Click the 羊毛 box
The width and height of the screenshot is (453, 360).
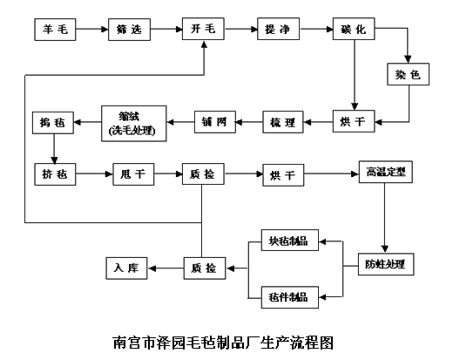pos(55,31)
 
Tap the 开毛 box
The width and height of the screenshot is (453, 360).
pos(203,31)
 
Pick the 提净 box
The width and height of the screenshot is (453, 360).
pos(278,31)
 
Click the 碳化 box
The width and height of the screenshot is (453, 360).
pos(354,31)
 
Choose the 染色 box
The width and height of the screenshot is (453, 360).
pos(409,76)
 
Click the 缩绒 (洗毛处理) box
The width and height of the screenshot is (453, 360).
pos(130,123)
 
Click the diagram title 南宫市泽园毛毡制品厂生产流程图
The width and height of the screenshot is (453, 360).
pos(224,343)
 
